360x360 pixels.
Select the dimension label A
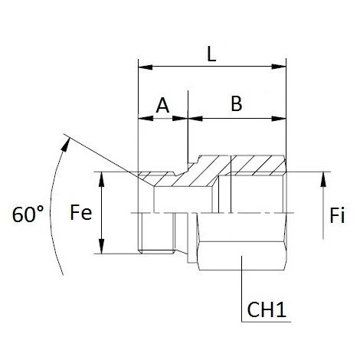(162, 106)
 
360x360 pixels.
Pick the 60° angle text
(29, 215)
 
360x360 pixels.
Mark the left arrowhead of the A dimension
(142, 119)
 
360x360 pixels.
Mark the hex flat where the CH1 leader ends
(241, 259)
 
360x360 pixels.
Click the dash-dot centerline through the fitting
(230, 212)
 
